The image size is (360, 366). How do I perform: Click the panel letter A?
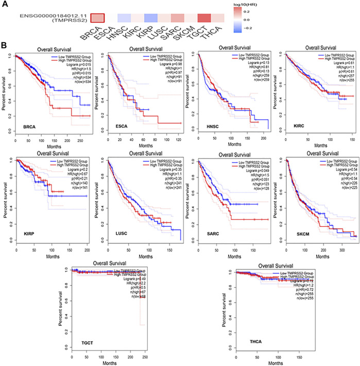coord(5,4)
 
